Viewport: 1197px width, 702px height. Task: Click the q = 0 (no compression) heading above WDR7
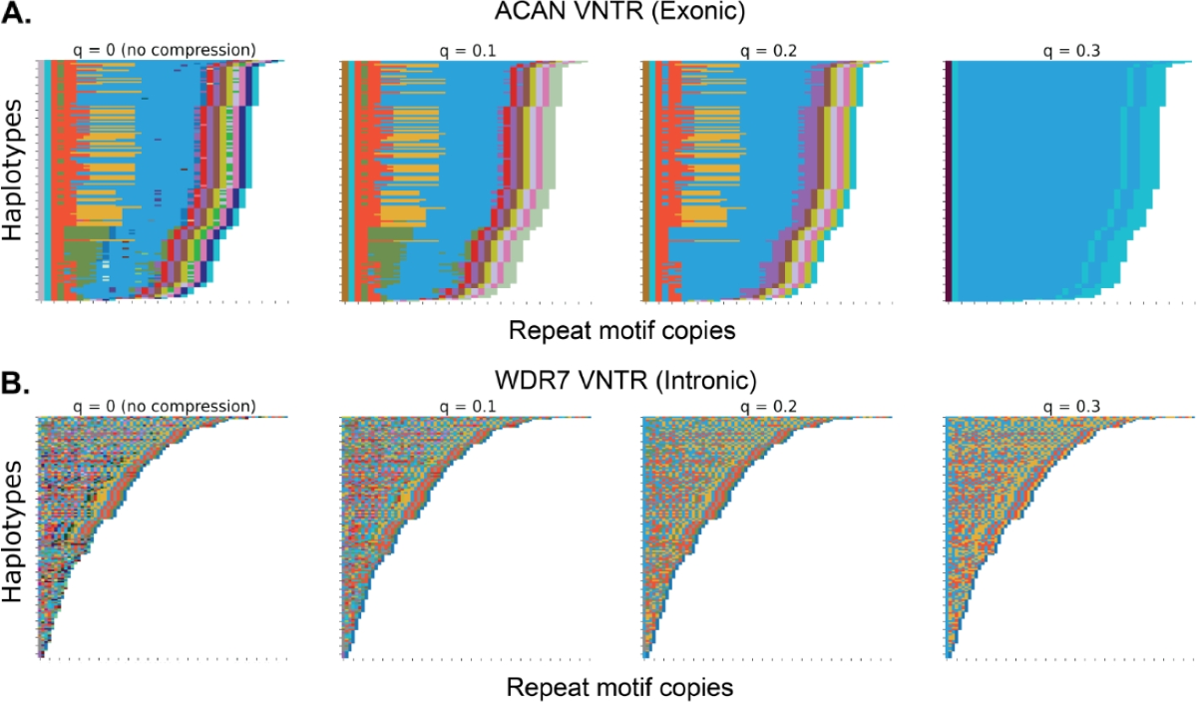[x=164, y=406]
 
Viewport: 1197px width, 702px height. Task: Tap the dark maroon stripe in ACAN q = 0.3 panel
[x=947, y=179]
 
